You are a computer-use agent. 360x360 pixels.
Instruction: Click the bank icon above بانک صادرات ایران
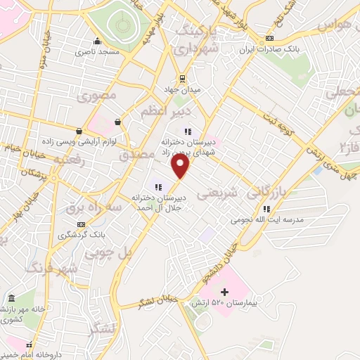(x=270, y=39)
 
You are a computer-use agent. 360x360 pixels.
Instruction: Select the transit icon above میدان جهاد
(x=182, y=78)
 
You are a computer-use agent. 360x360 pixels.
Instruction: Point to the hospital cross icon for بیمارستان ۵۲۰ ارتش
(x=224, y=292)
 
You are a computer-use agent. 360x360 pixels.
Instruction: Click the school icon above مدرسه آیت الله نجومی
(x=266, y=209)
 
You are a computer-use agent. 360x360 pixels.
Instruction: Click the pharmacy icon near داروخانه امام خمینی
(x=30, y=346)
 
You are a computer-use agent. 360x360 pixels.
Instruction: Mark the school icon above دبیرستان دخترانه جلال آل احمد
(x=158, y=187)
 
